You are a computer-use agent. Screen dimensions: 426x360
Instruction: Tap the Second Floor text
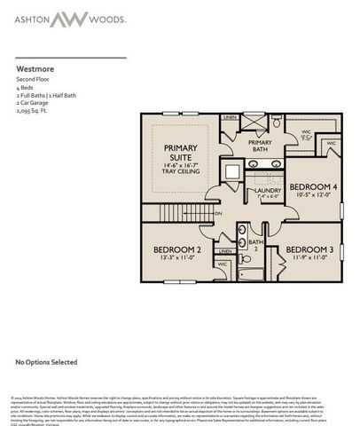(33, 79)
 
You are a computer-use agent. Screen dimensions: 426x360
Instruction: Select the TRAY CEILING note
(176, 171)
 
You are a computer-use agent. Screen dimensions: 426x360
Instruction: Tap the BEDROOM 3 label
(309, 250)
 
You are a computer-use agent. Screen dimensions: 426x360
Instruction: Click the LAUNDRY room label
(267, 190)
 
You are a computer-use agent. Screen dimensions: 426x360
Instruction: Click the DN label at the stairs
(217, 213)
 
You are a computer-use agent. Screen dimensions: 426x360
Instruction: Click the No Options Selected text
(41, 363)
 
